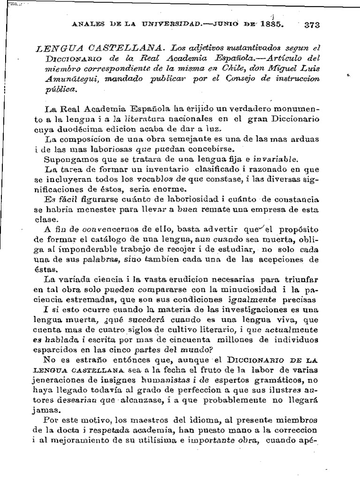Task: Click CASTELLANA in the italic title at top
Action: tap(125, 48)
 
